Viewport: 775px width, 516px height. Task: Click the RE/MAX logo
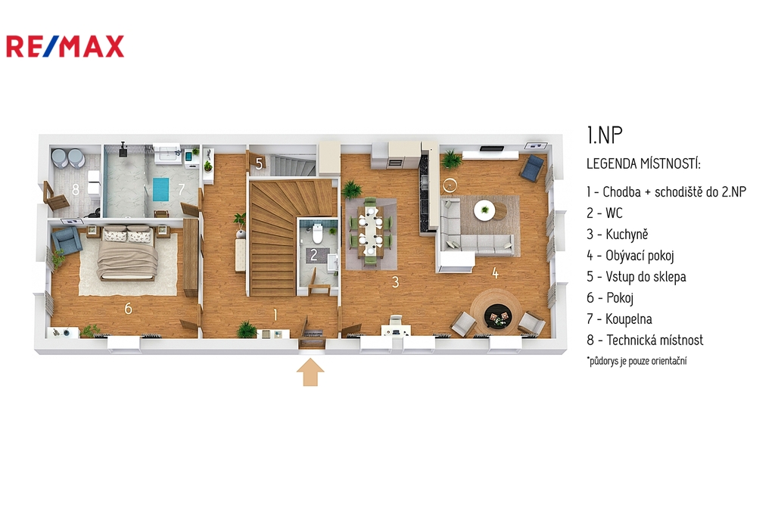pyautogui.click(x=65, y=46)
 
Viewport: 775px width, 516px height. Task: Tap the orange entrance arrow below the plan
pyautogui.click(x=310, y=372)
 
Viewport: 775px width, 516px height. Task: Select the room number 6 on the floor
pyautogui.click(x=129, y=309)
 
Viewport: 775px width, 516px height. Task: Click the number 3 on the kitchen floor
pyautogui.click(x=395, y=281)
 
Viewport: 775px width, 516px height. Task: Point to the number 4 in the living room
pyautogui.click(x=495, y=272)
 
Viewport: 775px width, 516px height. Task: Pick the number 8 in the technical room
pyautogui.click(x=76, y=189)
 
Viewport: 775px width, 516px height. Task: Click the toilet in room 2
pyautogui.click(x=317, y=234)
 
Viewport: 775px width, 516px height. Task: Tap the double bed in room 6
pyautogui.click(x=127, y=253)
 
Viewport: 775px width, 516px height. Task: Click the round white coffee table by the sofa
pyautogui.click(x=484, y=210)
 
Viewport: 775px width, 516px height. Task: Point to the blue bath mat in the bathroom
pyautogui.click(x=160, y=189)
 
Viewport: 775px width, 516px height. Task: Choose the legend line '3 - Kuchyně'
pyautogui.click(x=618, y=235)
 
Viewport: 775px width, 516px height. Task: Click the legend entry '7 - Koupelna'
pyautogui.click(x=619, y=319)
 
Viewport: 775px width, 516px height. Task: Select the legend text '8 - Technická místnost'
pyautogui.click(x=645, y=340)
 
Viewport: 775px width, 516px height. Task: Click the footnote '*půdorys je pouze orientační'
pyautogui.click(x=637, y=361)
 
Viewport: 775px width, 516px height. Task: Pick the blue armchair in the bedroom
pyautogui.click(x=66, y=241)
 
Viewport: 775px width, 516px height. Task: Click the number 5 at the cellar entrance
pyautogui.click(x=259, y=163)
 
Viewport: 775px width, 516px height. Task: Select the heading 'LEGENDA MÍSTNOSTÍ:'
pyautogui.click(x=643, y=163)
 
